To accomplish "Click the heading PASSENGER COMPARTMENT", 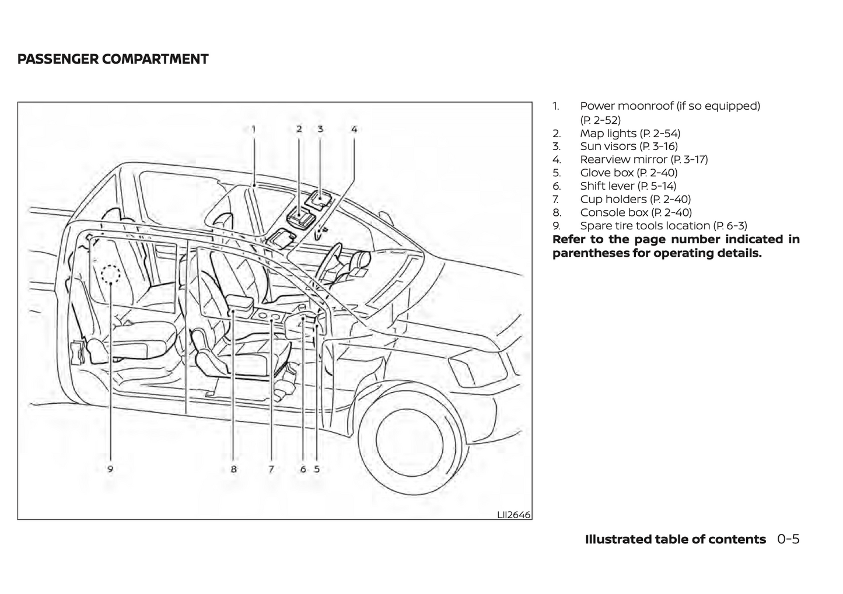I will click(113, 59).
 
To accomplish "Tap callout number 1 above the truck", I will click(254, 129).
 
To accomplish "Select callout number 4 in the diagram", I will click(354, 129).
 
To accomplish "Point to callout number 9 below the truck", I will click(110, 469).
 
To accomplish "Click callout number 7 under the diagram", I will click(271, 469).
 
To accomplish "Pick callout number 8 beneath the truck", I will click(233, 469).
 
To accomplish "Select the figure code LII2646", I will click(513, 514).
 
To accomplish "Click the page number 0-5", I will click(788, 539).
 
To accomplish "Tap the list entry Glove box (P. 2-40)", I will click(628, 173).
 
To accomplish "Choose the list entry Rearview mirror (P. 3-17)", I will click(643, 159).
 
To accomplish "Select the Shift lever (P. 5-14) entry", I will click(628, 186).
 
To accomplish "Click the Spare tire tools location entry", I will click(663, 226).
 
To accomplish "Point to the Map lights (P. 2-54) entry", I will click(629, 133).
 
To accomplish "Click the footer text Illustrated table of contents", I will click(675, 539).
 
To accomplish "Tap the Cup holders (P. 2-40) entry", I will click(635, 199).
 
